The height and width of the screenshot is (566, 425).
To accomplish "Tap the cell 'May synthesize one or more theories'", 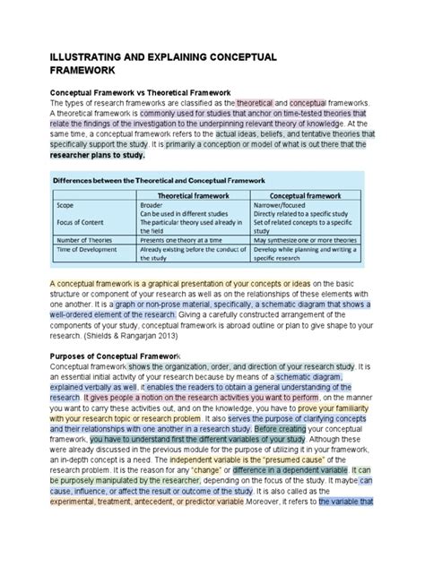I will (306, 240).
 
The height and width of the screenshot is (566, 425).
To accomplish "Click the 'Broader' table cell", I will (152, 205).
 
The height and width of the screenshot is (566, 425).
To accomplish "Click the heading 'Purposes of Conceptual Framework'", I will (130, 356).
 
